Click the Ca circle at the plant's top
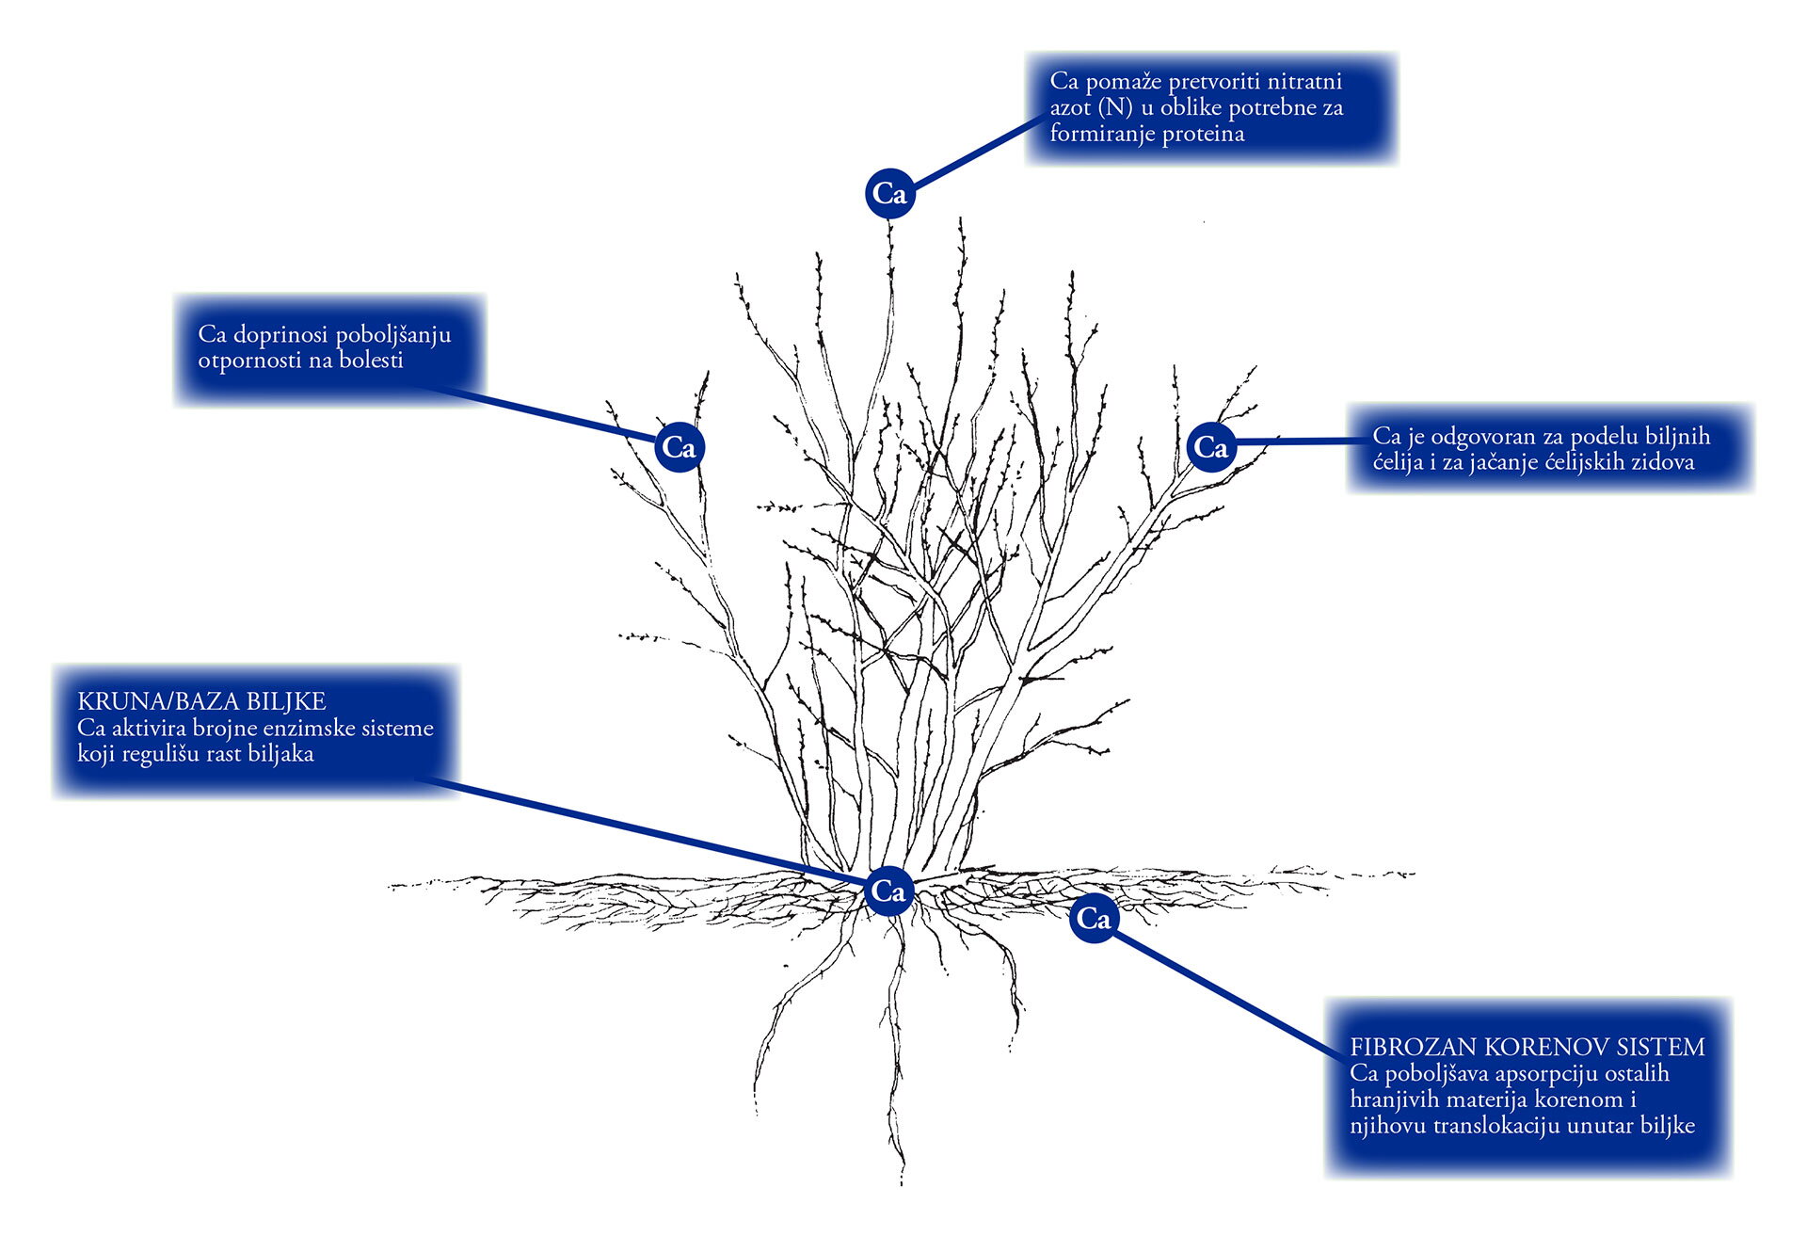(x=889, y=193)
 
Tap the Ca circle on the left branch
(x=679, y=446)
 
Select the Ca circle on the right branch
(x=1210, y=446)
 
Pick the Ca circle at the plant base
(x=888, y=891)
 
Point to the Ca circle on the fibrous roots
(x=1093, y=918)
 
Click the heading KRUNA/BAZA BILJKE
(x=201, y=701)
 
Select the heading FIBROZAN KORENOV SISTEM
(x=1527, y=1047)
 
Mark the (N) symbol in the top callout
(x=1114, y=107)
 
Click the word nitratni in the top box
(x=1303, y=81)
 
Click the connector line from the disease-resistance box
(x=546, y=414)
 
